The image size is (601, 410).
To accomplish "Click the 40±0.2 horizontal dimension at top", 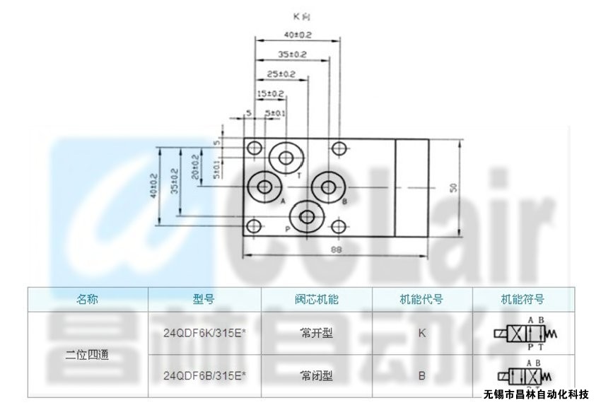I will (297, 35).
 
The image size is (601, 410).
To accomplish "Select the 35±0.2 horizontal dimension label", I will (292, 54).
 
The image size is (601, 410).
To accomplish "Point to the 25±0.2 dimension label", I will (281, 74).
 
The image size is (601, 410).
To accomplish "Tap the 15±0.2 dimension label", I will (269, 93).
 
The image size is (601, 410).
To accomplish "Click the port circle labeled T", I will (286, 157).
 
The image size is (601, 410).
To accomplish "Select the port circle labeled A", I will (265, 187).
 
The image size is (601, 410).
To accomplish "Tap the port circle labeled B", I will (328, 187).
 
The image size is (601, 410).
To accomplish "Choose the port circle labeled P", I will (308, 216).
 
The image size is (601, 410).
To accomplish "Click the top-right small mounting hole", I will (340, 148).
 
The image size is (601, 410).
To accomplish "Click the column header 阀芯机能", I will (316, 299).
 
